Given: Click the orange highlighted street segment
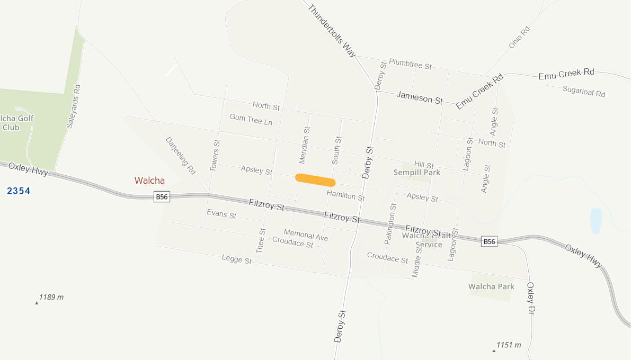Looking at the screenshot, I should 315,180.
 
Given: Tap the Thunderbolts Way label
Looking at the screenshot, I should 332,31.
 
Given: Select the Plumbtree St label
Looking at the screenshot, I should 410,64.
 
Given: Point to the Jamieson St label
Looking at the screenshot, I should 419,97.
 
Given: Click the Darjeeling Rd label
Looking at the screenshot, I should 181,156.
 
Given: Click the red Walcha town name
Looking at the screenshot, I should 149,181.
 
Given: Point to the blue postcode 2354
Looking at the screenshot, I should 19,191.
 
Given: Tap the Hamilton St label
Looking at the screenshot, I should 345,195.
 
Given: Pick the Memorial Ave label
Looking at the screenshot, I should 306,235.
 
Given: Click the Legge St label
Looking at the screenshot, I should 236,259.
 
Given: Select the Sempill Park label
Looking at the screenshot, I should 417,173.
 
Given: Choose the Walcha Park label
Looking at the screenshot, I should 491,286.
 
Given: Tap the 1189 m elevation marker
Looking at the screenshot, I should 51,298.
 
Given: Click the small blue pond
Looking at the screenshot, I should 596,221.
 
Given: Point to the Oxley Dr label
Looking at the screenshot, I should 531,298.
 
